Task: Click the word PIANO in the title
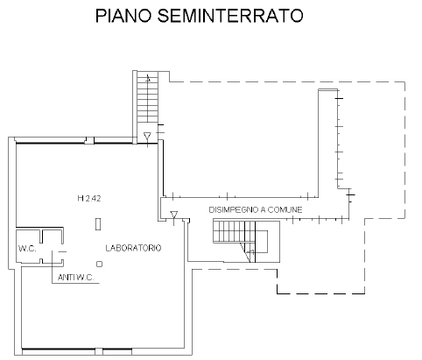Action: (123, 16)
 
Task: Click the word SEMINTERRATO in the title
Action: (230, 16)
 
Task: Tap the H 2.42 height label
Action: (89, 199)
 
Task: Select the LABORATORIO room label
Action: (133, 248)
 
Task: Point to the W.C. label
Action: (27, 249)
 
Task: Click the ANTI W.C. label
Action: (76, 278)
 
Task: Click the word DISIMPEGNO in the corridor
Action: (234, 209)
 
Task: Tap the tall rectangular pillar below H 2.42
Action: (98, 224)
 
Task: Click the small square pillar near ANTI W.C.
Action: (100, 265)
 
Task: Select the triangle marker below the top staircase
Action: (147, 136)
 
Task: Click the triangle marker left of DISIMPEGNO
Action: (174, 215)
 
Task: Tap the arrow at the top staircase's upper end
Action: (148, 78)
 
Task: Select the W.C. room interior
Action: (28, 246)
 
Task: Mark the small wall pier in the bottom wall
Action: (99, 352)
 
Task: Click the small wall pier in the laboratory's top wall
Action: (90, 140)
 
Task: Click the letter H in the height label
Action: (81, 199)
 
